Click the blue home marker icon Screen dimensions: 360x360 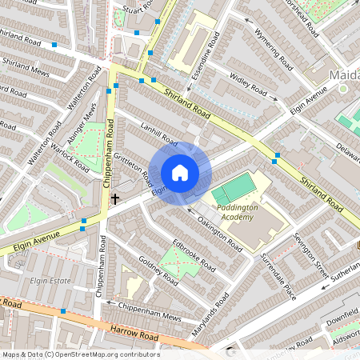point(180,172)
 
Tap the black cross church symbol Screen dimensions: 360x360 point(114,198)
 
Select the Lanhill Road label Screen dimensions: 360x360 point(157,132)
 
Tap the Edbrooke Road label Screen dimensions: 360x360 point(193,253)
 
